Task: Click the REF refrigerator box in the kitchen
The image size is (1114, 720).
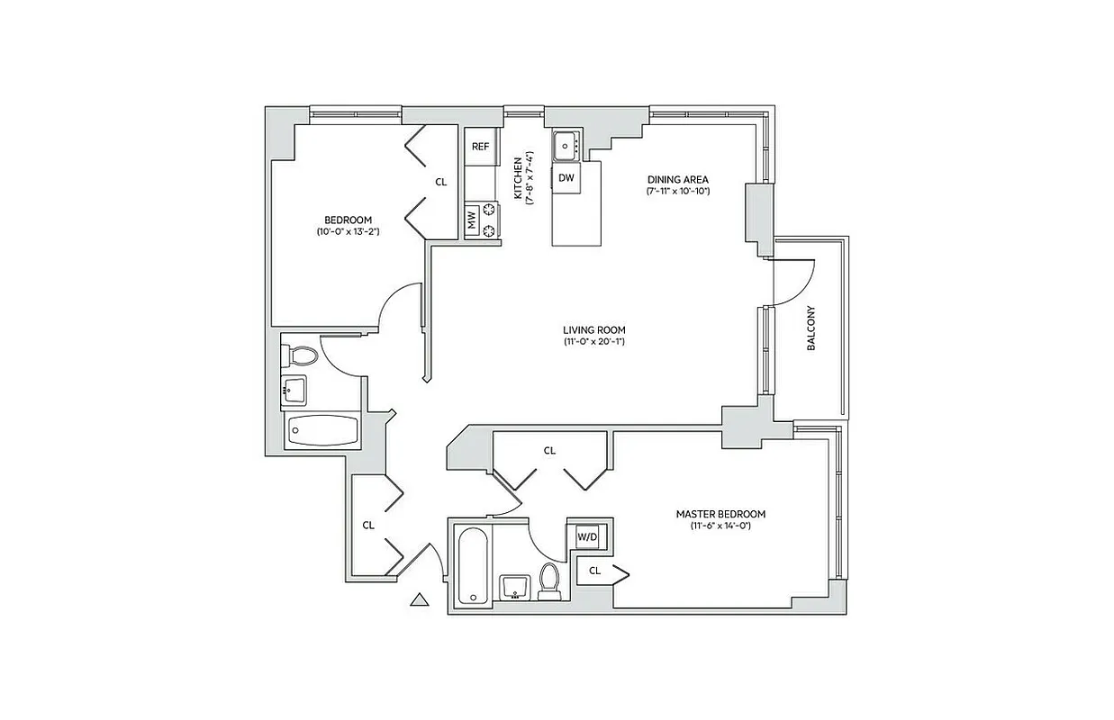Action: [x=481, y=147]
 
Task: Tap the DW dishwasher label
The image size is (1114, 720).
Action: [x=566, y=177]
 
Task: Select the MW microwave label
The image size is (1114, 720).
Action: [x=471, y=220]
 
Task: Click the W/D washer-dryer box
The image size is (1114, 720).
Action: [x=587, y=537]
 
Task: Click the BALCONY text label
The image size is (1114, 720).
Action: [x=811, y=328]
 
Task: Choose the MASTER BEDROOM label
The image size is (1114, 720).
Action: [x=720, y=514]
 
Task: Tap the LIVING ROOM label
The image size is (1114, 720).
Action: [x=594, y=329]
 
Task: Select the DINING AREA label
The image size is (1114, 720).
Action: [x=678, y=179]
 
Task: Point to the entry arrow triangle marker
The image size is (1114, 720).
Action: [x=418, y=599]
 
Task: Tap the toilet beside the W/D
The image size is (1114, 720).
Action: [x=549, y=580]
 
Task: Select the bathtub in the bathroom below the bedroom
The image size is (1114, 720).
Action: [x=322, y=432]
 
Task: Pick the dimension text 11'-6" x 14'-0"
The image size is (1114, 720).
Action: [x=720, y=526]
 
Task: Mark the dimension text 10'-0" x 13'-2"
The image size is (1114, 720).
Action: [x=348, y=232]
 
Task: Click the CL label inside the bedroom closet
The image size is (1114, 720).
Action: [x=440, y=182]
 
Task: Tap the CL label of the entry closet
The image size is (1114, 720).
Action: [x=368, y=525]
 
